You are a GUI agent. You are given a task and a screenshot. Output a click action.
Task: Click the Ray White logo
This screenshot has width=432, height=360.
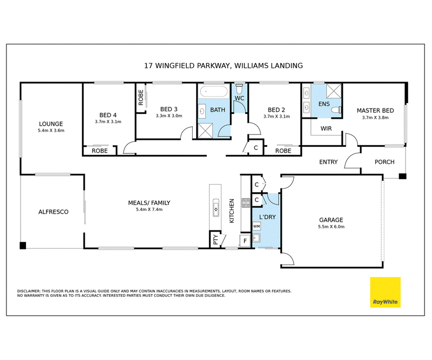coord(385,292)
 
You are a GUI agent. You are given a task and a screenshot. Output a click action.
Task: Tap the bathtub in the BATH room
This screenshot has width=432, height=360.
coord(214,92)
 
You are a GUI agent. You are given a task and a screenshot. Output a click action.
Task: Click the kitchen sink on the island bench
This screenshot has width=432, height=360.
coord(216,207)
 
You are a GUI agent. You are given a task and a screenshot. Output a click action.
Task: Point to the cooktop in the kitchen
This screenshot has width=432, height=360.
coord(246,203)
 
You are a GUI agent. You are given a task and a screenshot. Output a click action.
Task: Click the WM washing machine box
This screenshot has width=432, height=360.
coord(256,226)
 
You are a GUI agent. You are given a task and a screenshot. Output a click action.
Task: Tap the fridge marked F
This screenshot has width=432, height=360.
coord(245,241)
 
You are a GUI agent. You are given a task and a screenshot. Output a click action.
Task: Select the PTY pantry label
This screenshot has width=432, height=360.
coord(215,239)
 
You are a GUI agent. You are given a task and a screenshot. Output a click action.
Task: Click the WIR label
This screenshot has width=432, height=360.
coord(326,128)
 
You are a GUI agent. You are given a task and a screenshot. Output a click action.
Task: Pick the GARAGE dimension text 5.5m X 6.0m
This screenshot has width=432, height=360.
coord(331,227)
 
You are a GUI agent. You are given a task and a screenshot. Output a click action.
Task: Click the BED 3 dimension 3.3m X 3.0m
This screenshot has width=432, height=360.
coord(169,116)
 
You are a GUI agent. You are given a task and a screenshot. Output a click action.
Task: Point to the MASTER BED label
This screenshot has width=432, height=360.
coord(375,111)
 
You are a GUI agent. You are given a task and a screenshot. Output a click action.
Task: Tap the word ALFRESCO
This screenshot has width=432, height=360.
coord(53,212)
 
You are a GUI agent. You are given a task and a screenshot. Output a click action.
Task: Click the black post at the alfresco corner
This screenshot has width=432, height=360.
coord(23,246)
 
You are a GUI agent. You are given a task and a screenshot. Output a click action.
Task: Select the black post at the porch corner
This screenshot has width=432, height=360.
coord(402,176)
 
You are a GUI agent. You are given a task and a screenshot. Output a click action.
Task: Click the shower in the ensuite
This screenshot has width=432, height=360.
coord(334,91)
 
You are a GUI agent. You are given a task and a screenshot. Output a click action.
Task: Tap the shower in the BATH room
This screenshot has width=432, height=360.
coord(206,130)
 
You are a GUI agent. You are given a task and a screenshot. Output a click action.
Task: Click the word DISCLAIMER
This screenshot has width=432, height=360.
coord(29,291)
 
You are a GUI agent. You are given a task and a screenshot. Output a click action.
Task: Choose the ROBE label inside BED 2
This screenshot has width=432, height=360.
coord(283,151)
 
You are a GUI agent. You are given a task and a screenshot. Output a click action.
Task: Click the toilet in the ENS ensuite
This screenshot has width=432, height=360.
coord(336,110)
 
